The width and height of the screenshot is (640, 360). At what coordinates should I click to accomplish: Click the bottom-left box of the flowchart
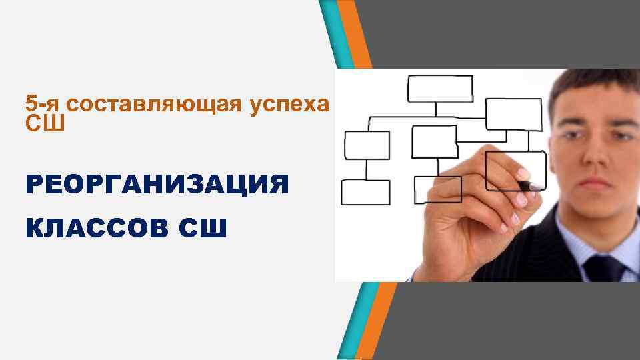[365, 192]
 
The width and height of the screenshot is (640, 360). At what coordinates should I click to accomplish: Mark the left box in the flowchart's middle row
[367, 145]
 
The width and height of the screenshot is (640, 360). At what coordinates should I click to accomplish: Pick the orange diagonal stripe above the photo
[359, 33]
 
